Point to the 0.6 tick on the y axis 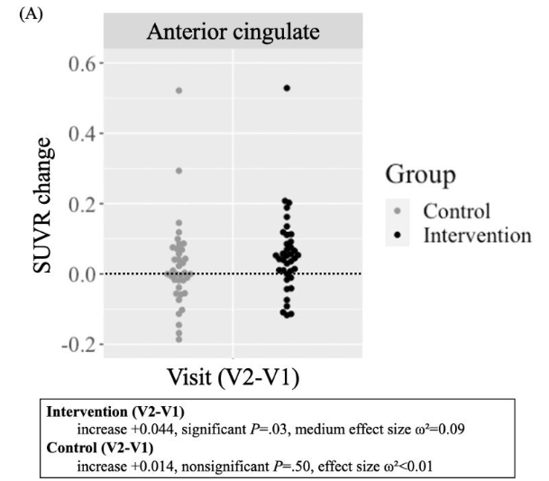click(x=79, y=64)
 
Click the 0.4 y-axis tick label click(x=79, y=134)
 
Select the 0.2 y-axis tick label click(x=79, y=204)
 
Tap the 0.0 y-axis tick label click(x=79, y=274)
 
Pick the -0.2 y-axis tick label click(x=76, y=345)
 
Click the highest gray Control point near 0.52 click(x=178, y=91)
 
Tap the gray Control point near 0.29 click(x=178, y=171)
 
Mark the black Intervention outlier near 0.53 click(x=287, y=88)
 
